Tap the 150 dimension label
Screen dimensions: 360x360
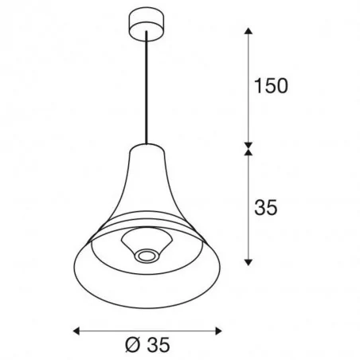pyautogui.click(x=270, y=84)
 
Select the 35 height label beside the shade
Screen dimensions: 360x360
pyautogui.click(x=265, y=208)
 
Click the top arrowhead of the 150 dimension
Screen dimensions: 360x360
pyautogui.click(x=248, y=32)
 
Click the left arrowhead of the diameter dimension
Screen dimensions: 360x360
pyautogui.click(x=76, y=328)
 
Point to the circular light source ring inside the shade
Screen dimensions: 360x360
pyautogui.click(x=145, y=255)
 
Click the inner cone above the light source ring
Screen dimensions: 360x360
pyautogui.click(x=145, y=241)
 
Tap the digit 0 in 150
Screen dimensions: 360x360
pyautogui.click(x=280, y=84)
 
